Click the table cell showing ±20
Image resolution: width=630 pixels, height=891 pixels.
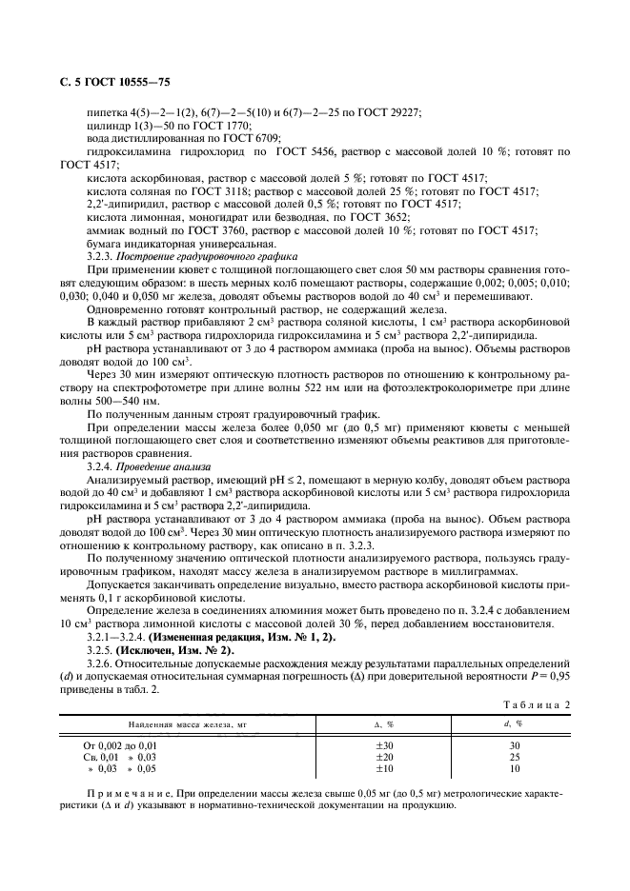point(384,756)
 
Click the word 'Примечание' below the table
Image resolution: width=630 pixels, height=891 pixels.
point(125,789)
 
